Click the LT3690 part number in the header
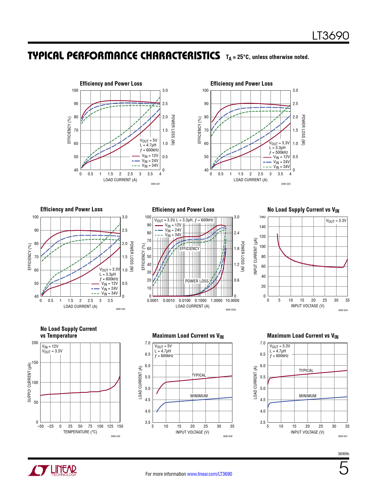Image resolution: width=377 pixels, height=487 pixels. [x=331, y=36]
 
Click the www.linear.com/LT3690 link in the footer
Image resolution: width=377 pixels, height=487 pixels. [x=209, y=474]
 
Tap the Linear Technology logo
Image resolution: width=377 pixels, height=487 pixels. [x=53, y=470]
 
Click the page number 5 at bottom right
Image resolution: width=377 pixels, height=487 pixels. [x=344, y=468]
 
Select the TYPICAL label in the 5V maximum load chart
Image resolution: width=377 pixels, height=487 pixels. [x=199, y=375]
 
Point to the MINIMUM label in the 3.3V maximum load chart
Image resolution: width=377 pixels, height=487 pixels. [x=308, y=396]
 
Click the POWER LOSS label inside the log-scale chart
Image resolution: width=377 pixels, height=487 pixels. [x=197, y=281]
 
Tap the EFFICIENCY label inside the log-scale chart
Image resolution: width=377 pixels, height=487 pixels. [x=190, y=249]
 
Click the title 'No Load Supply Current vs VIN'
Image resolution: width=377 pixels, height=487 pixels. [x=303, y=210]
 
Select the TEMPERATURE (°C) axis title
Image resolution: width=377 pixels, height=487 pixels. [x=80, y=432]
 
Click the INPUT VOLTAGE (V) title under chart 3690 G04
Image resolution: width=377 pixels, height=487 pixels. [x=308, y=306]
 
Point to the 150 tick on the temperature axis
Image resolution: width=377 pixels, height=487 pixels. [x=120, y=426]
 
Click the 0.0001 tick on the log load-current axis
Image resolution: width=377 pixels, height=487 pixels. [x=153, y=300]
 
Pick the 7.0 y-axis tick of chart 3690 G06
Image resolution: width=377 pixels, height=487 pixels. [x=148, y=343]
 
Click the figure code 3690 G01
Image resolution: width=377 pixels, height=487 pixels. [x=155, y=184]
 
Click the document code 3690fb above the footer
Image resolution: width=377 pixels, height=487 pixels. [x=343, y=454]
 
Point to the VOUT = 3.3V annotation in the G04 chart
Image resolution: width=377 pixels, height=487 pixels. [x=336, y=221]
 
